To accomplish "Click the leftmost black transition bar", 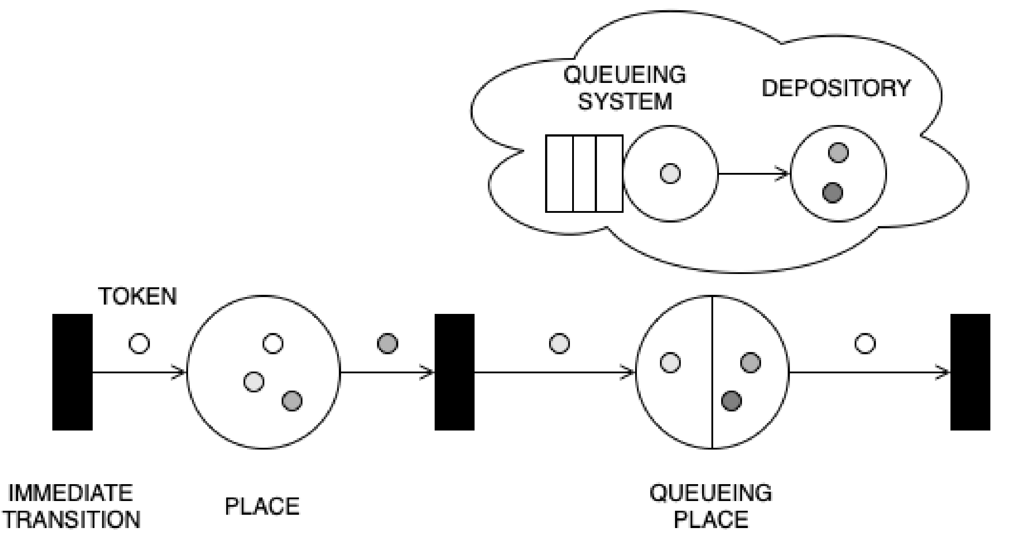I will point(72,372).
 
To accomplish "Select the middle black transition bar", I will point(454,372).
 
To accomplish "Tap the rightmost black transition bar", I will point(970,372).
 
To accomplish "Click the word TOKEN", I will point(137,296).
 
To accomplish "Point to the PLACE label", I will point(262,506).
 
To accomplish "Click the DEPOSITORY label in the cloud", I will point(836,88).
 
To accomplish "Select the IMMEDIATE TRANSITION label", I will point(71,506).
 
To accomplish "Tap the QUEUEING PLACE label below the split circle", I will point(711,506).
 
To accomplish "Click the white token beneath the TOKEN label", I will point(139,344).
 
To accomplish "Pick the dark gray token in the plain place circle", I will point(292,401).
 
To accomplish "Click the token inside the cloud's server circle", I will point(670,173).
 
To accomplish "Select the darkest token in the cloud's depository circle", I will point(832,193).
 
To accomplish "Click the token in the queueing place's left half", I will point(670,362).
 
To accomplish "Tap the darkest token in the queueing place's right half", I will point(731,401).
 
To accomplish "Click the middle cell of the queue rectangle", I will point(584,173).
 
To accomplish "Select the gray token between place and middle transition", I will point(387,344).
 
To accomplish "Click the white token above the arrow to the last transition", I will point(865,344).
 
